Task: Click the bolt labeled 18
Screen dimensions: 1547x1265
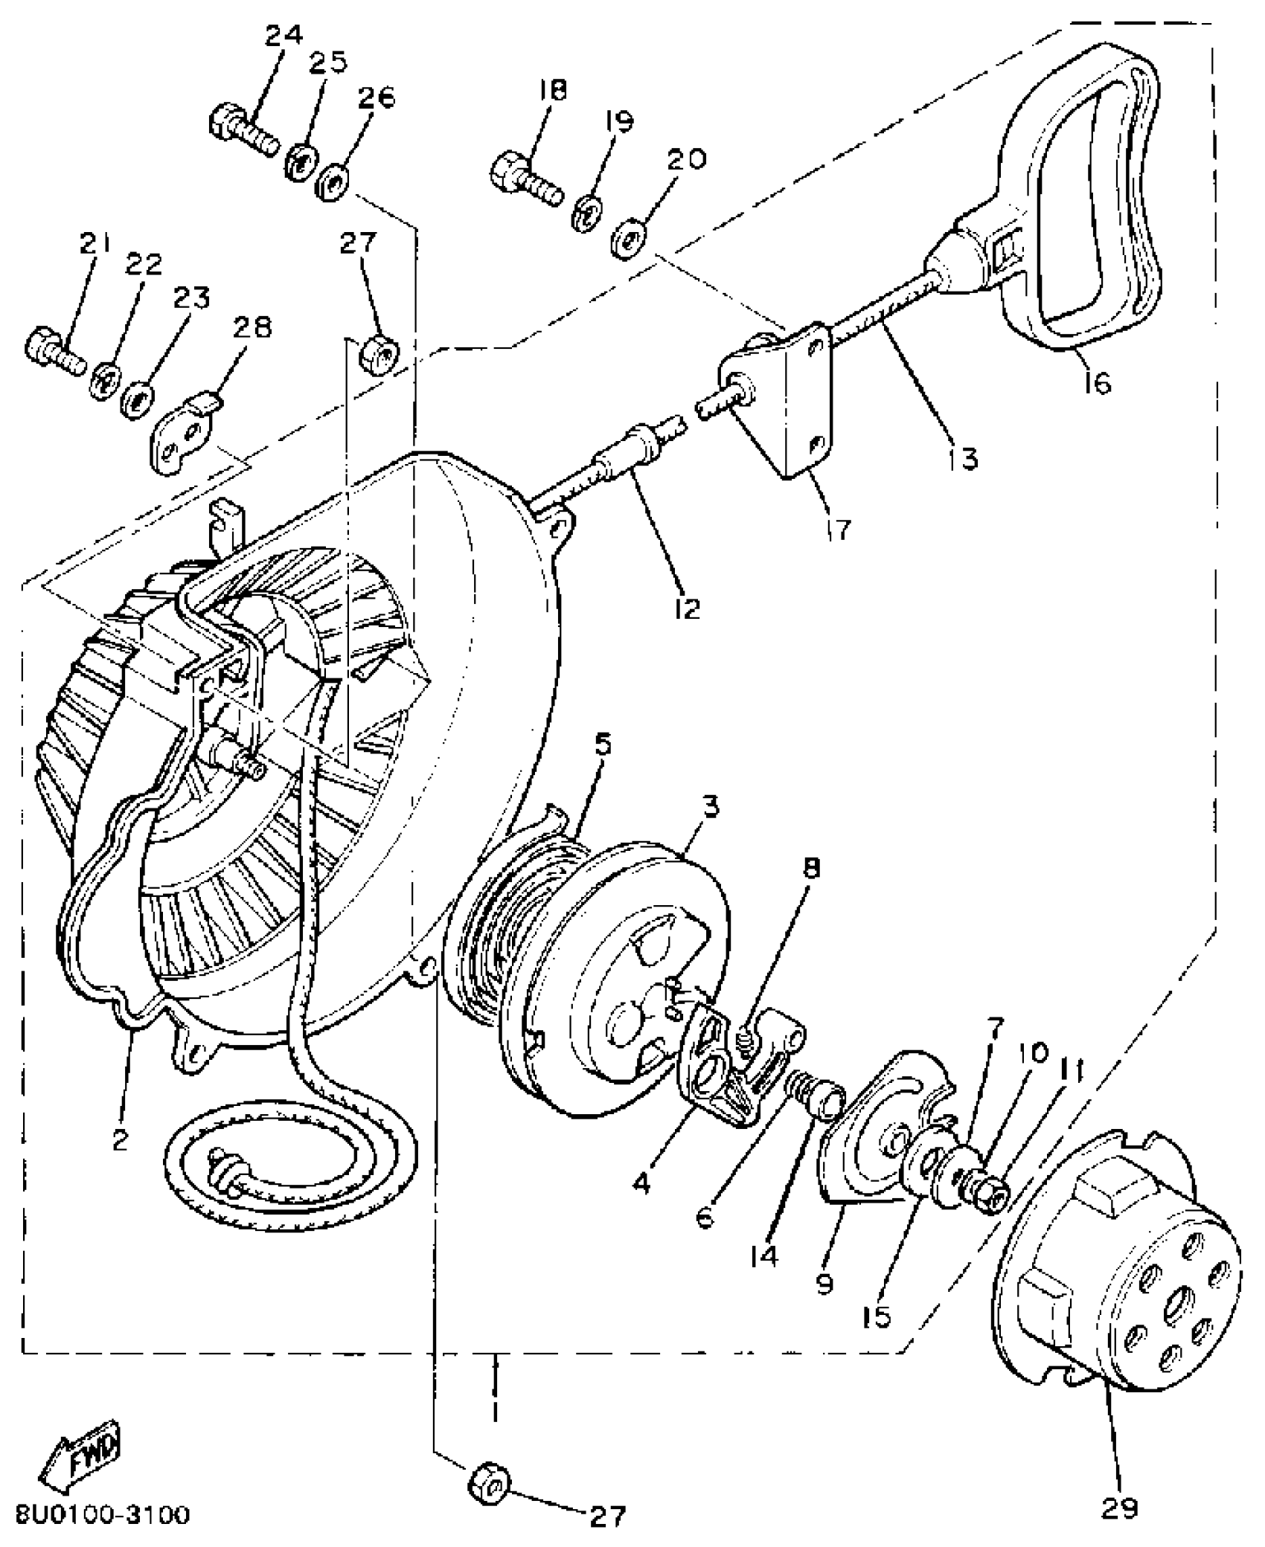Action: click(x=525, y=174)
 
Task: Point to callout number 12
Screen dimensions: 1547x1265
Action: click(x=688, y=608)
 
